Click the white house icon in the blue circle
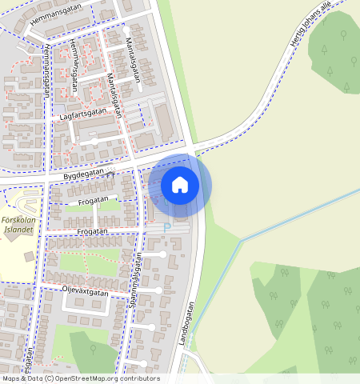[x=180, y=185]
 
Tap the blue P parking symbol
[x=167, y=227]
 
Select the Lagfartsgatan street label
[x=82, y=116]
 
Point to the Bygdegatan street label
[x=79, y=172]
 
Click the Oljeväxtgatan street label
[x=85, y=291]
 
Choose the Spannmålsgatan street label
[x=136, y=284]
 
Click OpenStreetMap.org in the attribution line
[x=88, y=378]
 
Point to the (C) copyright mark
[x=50, y=378]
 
